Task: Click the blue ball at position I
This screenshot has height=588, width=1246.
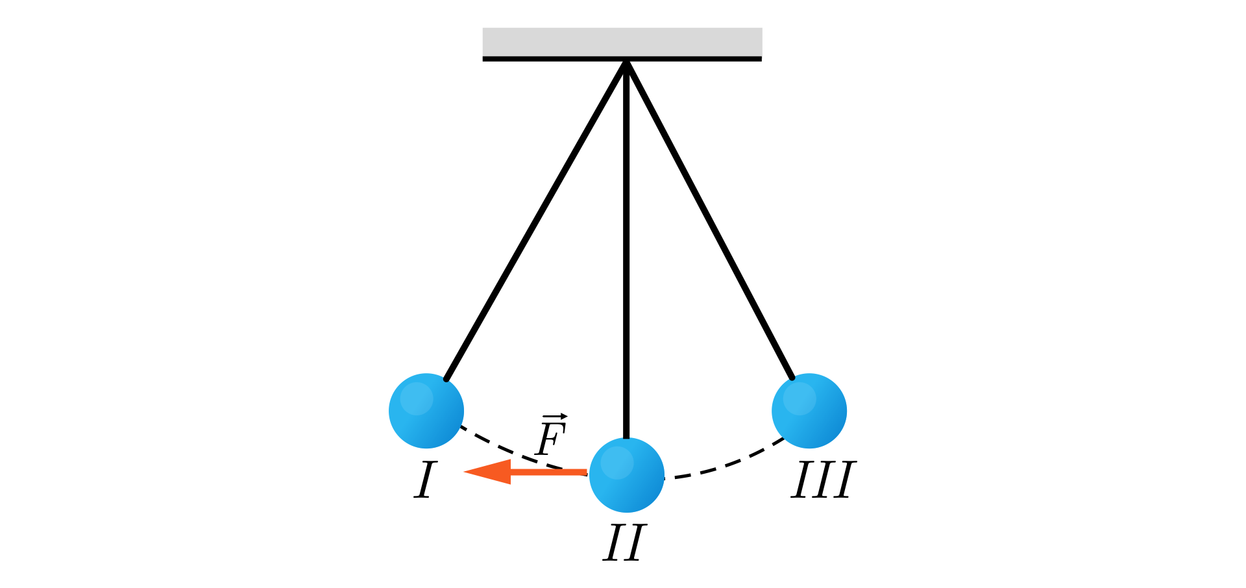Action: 426,411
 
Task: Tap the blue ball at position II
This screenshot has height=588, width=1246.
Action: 627,475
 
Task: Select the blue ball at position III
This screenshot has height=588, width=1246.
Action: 809,411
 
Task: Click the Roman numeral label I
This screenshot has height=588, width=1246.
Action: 425,480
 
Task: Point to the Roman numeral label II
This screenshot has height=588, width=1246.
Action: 624,543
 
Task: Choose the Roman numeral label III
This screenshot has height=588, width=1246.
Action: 823,480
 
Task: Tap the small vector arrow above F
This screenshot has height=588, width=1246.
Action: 555,416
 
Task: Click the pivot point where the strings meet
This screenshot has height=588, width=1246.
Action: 626,62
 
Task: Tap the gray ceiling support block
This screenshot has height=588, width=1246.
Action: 622,42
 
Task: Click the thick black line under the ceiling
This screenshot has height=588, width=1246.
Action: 552,59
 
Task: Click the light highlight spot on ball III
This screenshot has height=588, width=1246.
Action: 799,398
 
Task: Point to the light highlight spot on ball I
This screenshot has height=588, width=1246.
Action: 416,398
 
